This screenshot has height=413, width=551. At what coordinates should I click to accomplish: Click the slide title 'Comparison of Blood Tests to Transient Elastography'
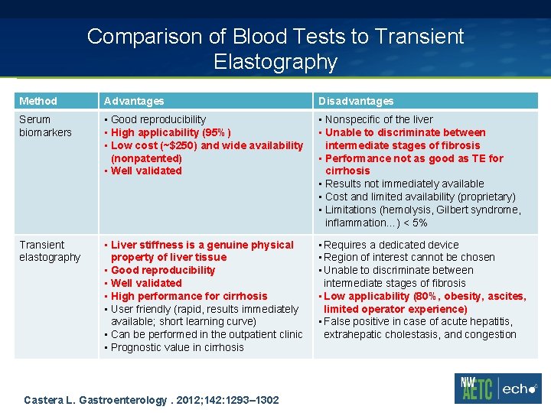(275, 48)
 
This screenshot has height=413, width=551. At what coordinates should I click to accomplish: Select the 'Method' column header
(38, 101)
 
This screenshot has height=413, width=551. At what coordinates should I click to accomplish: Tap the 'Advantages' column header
(134, 101)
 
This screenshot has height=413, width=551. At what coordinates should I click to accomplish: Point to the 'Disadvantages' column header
(356, 101)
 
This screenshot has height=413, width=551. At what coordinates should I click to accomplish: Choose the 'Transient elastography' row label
(50, 251)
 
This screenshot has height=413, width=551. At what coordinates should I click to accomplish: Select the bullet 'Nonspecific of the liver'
(379, 119)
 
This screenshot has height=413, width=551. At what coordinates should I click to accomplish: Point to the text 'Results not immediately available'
(404, 184)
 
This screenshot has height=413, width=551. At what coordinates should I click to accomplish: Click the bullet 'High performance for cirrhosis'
(189, 296)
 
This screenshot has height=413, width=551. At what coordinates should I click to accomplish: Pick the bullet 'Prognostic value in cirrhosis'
(177, 347)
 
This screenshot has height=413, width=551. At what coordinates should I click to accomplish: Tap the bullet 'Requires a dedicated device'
(391, 245)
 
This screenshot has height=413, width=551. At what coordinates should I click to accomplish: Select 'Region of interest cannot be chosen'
(409, 257)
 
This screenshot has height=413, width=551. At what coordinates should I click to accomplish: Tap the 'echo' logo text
(520, 389)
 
